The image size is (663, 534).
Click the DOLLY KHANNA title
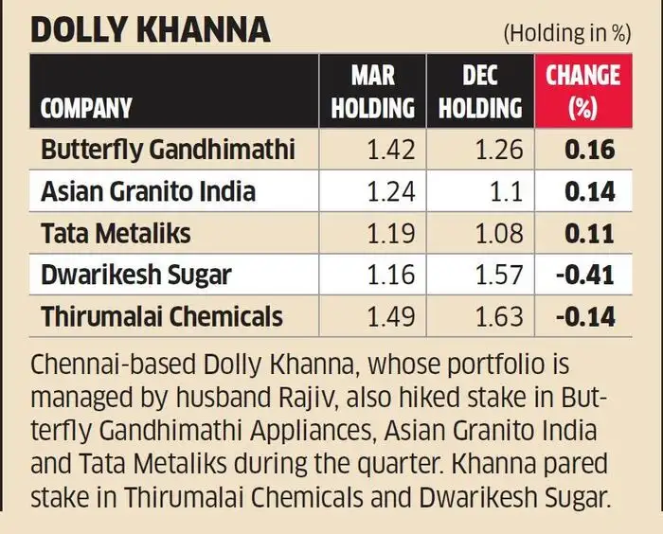(x=151, y=30)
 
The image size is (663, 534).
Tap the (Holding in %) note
(x=567, y=33)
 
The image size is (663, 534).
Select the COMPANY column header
(x=86, y=108)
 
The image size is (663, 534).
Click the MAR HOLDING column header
(x=372, y=92)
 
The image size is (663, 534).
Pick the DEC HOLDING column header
(x=480, y=92)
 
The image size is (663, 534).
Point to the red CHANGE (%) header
(x=583, y=92)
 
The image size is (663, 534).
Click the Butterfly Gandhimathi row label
(x=168, y=150)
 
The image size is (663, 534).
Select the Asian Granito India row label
(x=149, y=191)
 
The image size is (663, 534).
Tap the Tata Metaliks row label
(x=116, y=233)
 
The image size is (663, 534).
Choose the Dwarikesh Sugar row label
(x=136, y=276)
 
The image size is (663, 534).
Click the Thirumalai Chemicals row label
(x=162, y=316)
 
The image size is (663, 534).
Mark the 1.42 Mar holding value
(x=391, y=151)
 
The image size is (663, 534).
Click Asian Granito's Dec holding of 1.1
(x=506, y=191)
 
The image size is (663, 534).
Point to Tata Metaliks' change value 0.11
(x=589, y=234)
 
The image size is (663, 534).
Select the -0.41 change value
(x=585, y=276)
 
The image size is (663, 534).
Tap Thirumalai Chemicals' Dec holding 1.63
(x=499, y=316)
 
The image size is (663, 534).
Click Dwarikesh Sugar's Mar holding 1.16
(x=391, y=276)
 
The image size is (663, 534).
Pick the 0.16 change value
(x=589, y=151)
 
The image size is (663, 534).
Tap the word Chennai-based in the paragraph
(x=114, y=365)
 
